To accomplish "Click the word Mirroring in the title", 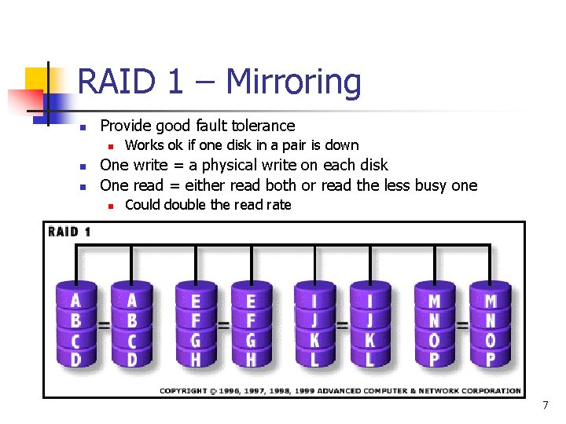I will coord(293,82).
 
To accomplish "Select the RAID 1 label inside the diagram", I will coord(70,232).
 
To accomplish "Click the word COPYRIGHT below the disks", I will coord(183,390).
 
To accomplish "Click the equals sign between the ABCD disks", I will coord(103,323).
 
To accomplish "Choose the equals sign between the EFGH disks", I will coord(222,323).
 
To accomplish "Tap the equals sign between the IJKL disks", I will coord(342,323).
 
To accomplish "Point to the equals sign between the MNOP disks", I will coord(462,323).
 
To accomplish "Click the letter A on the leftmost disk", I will coord(75,301).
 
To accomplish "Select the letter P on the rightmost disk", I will coord(491,359).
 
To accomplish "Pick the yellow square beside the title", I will coord(38,79).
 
